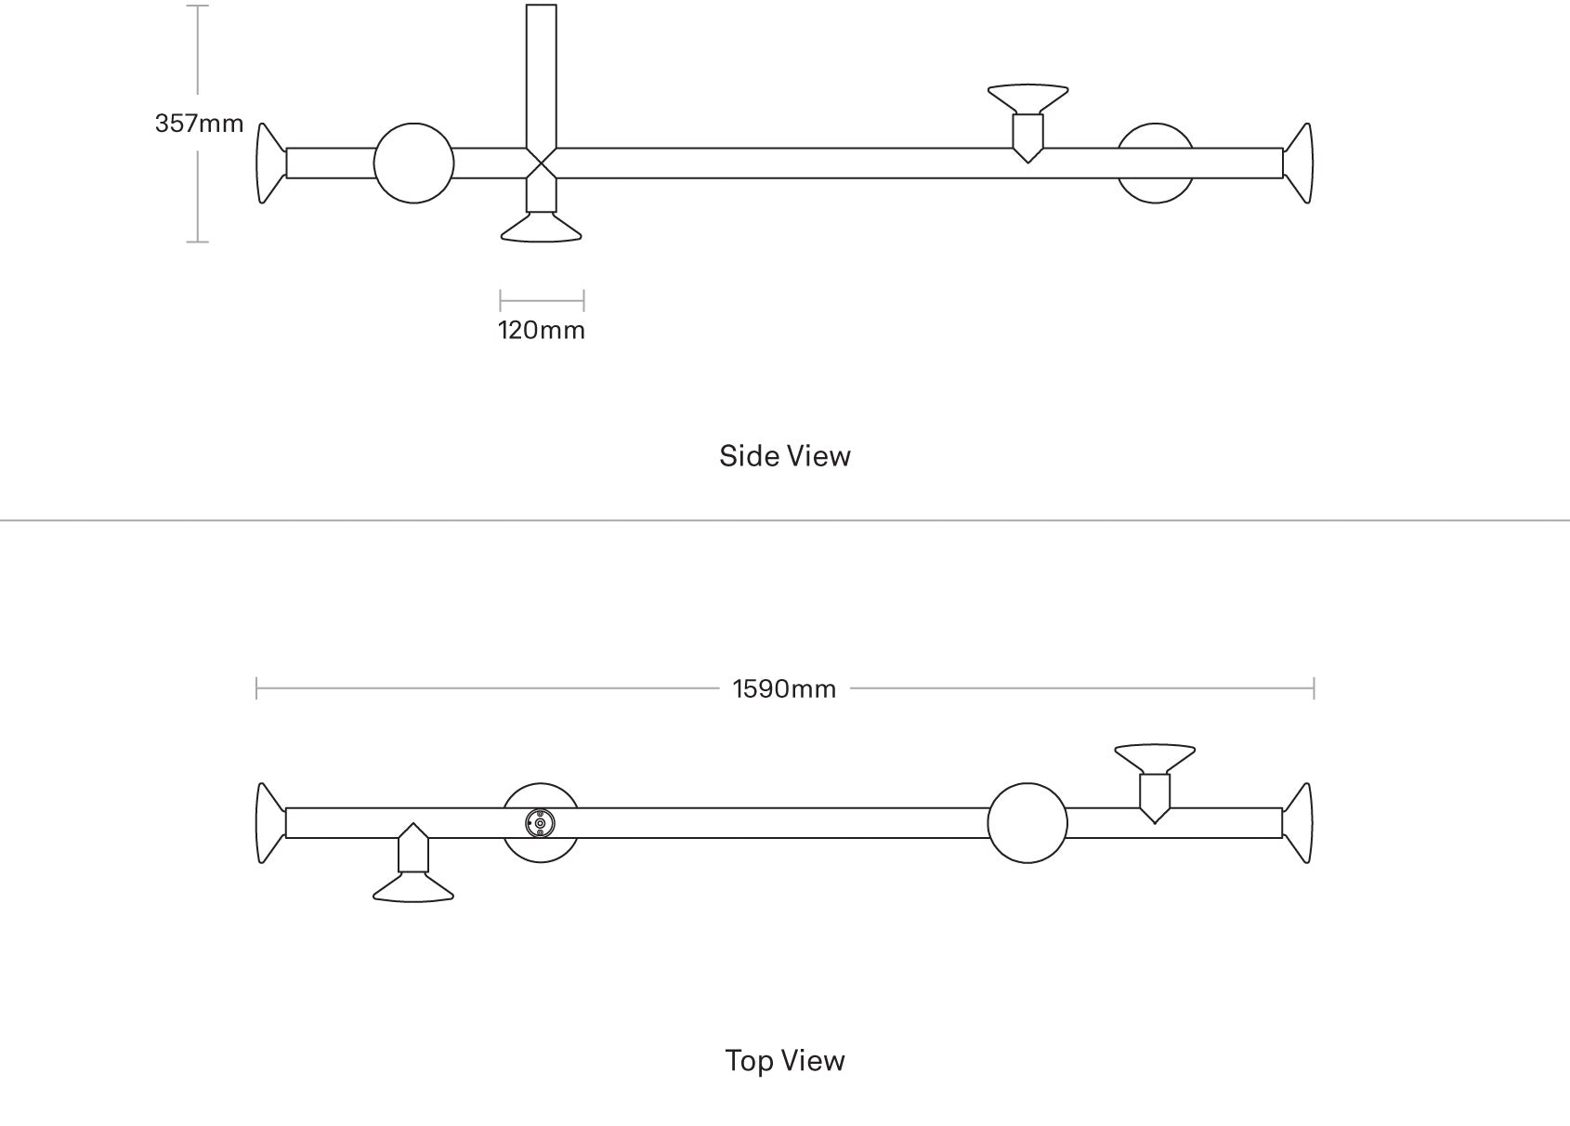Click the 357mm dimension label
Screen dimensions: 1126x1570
[199, 124]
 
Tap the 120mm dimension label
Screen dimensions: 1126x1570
[542, 331]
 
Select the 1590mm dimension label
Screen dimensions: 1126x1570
[784, 689]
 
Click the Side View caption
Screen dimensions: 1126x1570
[784, 456]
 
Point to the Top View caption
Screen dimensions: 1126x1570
[784, 1061]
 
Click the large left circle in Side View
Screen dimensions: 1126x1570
[413, 164]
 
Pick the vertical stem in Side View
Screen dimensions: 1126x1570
[542, 74]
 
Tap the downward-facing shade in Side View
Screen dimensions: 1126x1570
[542, 229]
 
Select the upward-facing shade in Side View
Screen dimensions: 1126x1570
[1027, 97]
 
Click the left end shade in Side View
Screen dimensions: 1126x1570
[270, 164]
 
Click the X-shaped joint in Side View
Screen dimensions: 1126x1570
[542, 164]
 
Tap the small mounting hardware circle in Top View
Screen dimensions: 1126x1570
[540, 822]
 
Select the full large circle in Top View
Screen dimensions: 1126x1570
[1027, 823]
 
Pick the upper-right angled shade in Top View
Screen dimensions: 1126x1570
[1155, 757]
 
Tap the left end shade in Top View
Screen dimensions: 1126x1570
[270, 823]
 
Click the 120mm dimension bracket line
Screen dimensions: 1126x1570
[542, 300]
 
